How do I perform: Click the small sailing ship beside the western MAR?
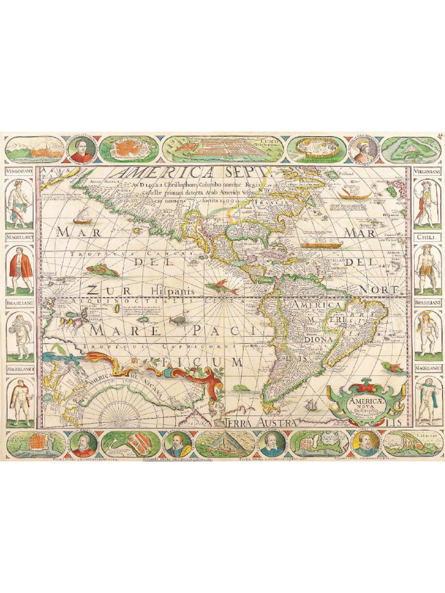[82, 217]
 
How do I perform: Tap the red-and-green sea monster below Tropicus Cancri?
[103, 270]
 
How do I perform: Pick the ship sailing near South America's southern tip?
[312, 405]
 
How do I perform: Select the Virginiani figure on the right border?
[426, 203]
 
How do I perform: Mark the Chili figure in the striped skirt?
[428, 269]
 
